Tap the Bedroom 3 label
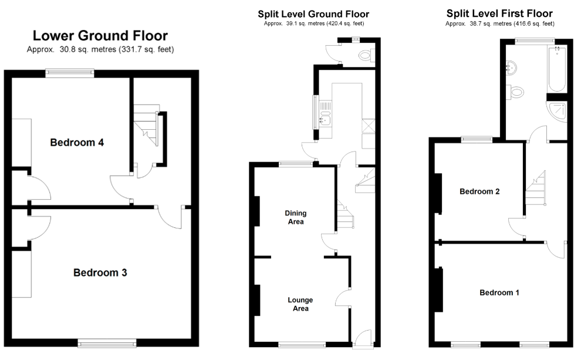click(100, 272)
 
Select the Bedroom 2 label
click(479, 191)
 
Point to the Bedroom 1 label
click(499, 292)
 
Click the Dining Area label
click(296, 217)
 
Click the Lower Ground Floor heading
click(100, 36)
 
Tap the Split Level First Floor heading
click(499, 14)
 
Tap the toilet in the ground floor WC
click(366, 56)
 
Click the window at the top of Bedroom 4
click(70, 73)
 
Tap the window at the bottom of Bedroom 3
click(107, 342)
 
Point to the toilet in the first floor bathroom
click(517, 91)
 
